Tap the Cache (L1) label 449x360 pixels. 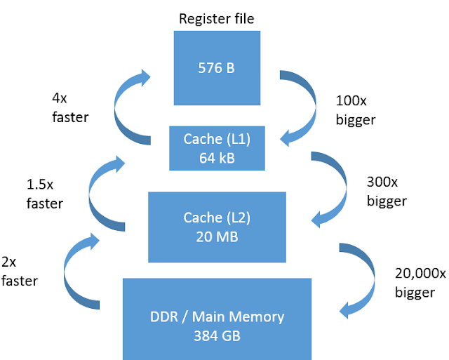(x=217, y=139)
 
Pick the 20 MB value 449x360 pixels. (x=217, y=236)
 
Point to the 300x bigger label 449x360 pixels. (x=386, y=191)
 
